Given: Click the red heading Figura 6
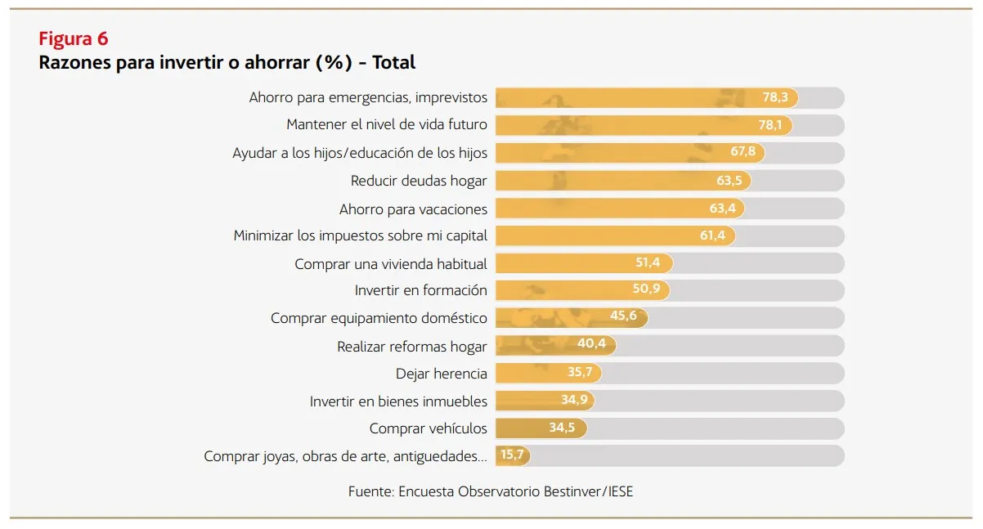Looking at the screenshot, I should click(x=74, y=38).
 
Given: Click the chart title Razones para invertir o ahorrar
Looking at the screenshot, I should click(x=227, y=62).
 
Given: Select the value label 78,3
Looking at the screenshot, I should click(x=774, y=97).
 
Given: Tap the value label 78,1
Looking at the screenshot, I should click(x=769, y=125).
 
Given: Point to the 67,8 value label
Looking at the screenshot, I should click(x=743, y=153).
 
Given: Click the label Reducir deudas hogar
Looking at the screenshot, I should click(x=419, y=181).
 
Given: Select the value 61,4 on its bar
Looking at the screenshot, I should click(x=712, y=235).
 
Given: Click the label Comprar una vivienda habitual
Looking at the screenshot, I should click(x=391, y=264).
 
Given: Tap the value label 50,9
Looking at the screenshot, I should click(x=648, y=290).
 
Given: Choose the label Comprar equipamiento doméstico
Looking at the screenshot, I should click(x=379, y=318).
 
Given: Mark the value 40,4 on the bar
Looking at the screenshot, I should click(x=591, y=343).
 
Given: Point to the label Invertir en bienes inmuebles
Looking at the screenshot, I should click(x=398, y=401).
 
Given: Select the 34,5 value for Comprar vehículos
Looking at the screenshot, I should click(x=562, y=428).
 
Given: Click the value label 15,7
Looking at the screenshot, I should click(x=512, y=455).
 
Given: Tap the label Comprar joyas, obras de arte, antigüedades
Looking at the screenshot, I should click(x=345, y=456).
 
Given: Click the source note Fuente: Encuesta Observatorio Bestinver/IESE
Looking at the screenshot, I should click(x=491, y=491).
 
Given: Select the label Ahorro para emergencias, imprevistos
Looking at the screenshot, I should click(x=368, y=97).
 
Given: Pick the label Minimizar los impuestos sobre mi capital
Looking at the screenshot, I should click(x=360, y=235).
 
